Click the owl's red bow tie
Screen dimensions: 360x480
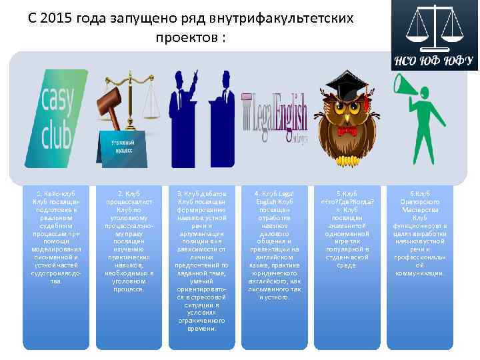(x=347, y=131)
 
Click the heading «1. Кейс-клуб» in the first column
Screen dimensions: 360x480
(x=56, y=194)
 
